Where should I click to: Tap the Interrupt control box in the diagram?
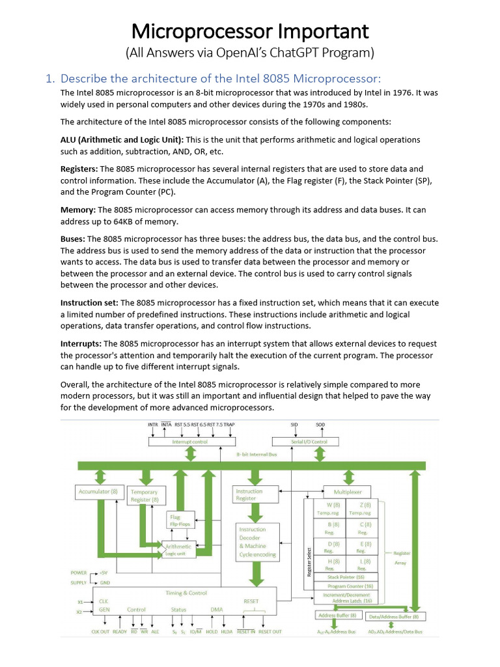[190, 442]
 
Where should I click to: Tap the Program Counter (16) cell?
[350, 586]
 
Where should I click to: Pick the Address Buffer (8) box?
[337, 615]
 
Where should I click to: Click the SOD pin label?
[320, 425]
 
